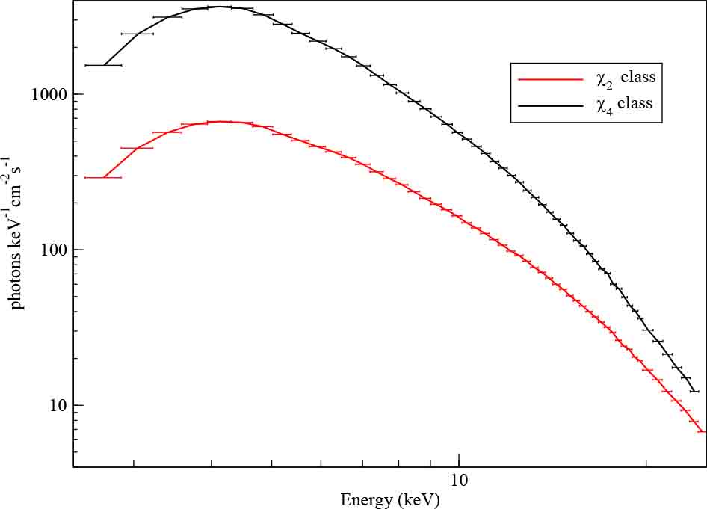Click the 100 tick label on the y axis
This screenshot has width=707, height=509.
pyautogui.click(x=55, y=250)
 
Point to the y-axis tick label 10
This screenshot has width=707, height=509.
pyautogui.click(x=58, y=405)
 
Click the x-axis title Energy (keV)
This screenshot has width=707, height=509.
pyautogui.click(x=389, y=499)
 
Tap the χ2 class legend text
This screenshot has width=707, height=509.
pyautogui.click(x=625, y=78)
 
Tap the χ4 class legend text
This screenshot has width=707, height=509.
pyautogui.click(x=625, y=104)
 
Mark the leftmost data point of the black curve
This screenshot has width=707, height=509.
pyautogui.click(x=103, y=65)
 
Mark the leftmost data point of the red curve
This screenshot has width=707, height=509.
pyautogui.click(x=103, y=177)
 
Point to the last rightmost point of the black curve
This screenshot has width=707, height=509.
pyautogui.click(x=694, y=391)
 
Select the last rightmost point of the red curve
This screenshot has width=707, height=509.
pyautogui.click(x=702, y=431)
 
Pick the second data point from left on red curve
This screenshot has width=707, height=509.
pyautogui.click(x=137, y=148)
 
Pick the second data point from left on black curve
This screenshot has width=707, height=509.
pyautogui.click(x=137, y=34)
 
